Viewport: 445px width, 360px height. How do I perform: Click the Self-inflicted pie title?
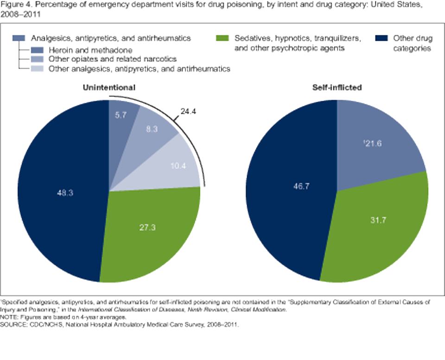click(x=336, y=87)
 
